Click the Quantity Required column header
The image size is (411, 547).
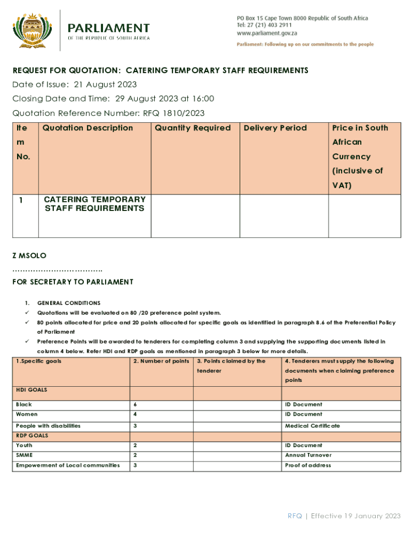coord(193,128)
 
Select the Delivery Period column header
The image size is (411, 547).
coord(275,128)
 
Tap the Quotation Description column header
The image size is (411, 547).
coord(88,128)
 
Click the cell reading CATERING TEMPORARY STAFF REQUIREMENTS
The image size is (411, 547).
coord(94,204)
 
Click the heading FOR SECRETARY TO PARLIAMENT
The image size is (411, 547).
coord(73,282)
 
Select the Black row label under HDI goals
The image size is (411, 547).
coord(24,404)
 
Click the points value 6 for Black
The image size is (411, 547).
coord(135,404)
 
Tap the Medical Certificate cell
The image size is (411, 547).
coord(312,426)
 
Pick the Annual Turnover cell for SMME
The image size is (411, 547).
coord(308,455)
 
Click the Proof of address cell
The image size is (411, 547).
coord(308,465)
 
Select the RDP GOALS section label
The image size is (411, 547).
coord(32,435)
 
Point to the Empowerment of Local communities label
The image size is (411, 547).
coord(68,465)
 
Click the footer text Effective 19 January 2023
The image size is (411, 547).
coord(355,516)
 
